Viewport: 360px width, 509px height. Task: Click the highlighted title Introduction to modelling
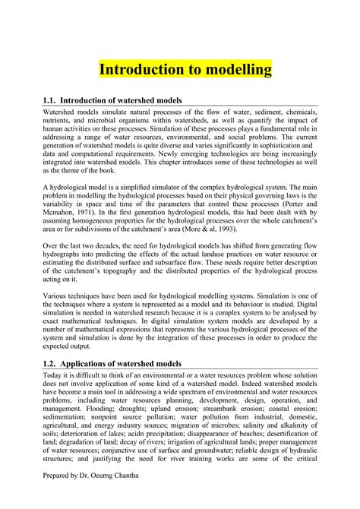pos(185,70)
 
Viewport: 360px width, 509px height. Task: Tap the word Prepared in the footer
pos(59,494)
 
